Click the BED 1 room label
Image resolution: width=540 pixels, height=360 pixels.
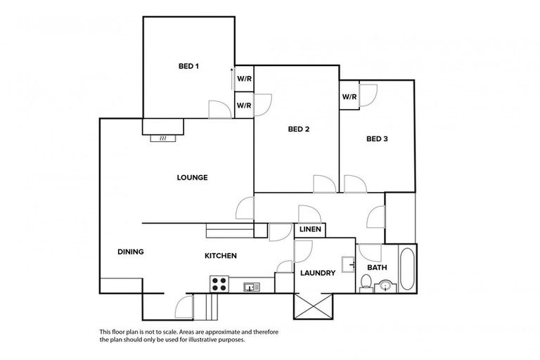188,67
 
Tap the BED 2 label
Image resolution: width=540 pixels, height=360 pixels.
299,129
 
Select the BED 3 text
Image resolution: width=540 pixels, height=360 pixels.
377,139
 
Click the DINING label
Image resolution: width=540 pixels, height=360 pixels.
131,252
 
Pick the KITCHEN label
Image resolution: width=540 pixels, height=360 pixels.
220,256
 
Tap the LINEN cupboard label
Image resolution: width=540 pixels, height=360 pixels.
310,230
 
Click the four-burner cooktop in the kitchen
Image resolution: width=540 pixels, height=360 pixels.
219,284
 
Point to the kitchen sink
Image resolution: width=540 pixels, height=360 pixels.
251,286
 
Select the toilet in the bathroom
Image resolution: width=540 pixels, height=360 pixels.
366,284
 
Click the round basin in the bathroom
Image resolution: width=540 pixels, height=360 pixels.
385,286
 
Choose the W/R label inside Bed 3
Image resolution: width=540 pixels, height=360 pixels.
349,97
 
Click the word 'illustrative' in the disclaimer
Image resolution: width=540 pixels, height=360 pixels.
200,338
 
